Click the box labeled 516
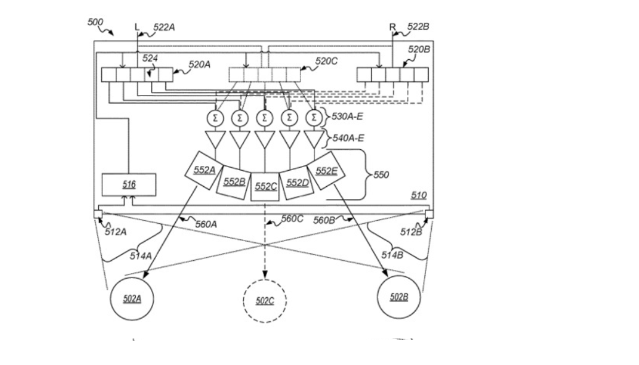click(x=129, y=185)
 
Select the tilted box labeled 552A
click(x=204, y=168)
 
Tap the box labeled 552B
click(x=234, y=181)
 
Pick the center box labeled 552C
click(x=265, y=186)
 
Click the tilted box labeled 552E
click(x=326, y=170)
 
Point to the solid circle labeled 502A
click(x=132, y=299)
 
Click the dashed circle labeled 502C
click(x=265, y=300)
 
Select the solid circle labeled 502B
click(x=399, y=297)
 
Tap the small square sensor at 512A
click(x=97, y=214)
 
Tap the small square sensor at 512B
click(x=430, y=214)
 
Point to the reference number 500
click(x=96, y=22)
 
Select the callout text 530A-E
click(x=347, y=117)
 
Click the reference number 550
click(x=381, y=174)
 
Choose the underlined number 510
click(x=419, y=195)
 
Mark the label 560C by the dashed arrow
click(x=291, y=218)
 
